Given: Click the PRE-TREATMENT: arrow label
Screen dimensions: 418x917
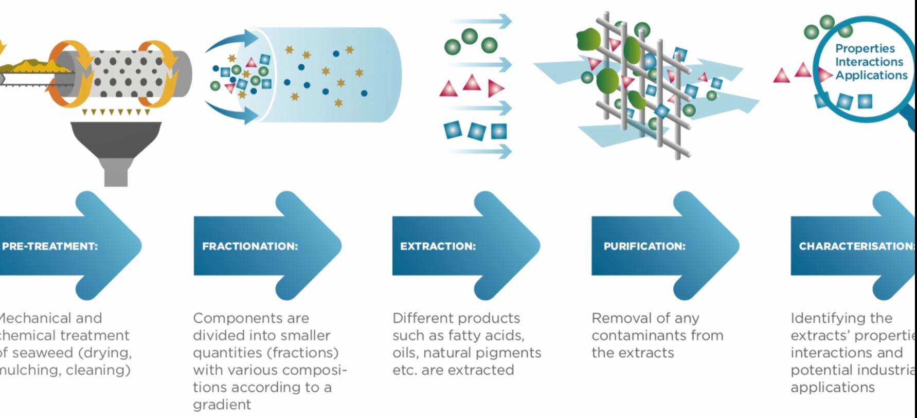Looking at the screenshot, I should tap(50, 246).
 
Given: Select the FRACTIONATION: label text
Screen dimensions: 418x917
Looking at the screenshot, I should tap(250, 246).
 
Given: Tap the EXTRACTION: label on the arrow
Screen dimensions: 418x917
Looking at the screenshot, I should tap(438, 246).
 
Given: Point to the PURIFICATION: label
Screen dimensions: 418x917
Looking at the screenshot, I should tap(644, 246).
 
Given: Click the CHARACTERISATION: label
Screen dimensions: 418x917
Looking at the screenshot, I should tap(856, 246).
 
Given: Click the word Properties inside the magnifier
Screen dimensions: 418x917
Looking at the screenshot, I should tap(865, 48).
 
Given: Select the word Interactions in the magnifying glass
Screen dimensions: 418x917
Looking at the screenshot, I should tap(869, 62).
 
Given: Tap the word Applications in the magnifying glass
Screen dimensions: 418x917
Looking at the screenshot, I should tap(871, 75).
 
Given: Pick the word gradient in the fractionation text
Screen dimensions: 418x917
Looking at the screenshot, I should tap(222, 405).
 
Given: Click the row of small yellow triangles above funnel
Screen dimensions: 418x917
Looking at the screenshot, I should tap(116, 112).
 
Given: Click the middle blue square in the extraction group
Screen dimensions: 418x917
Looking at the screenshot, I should tap(476, 132).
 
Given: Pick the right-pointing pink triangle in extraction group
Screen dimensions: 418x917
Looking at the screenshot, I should tap(495, 88).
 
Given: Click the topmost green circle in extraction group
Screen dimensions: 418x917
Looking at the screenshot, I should tap(470, 37).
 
